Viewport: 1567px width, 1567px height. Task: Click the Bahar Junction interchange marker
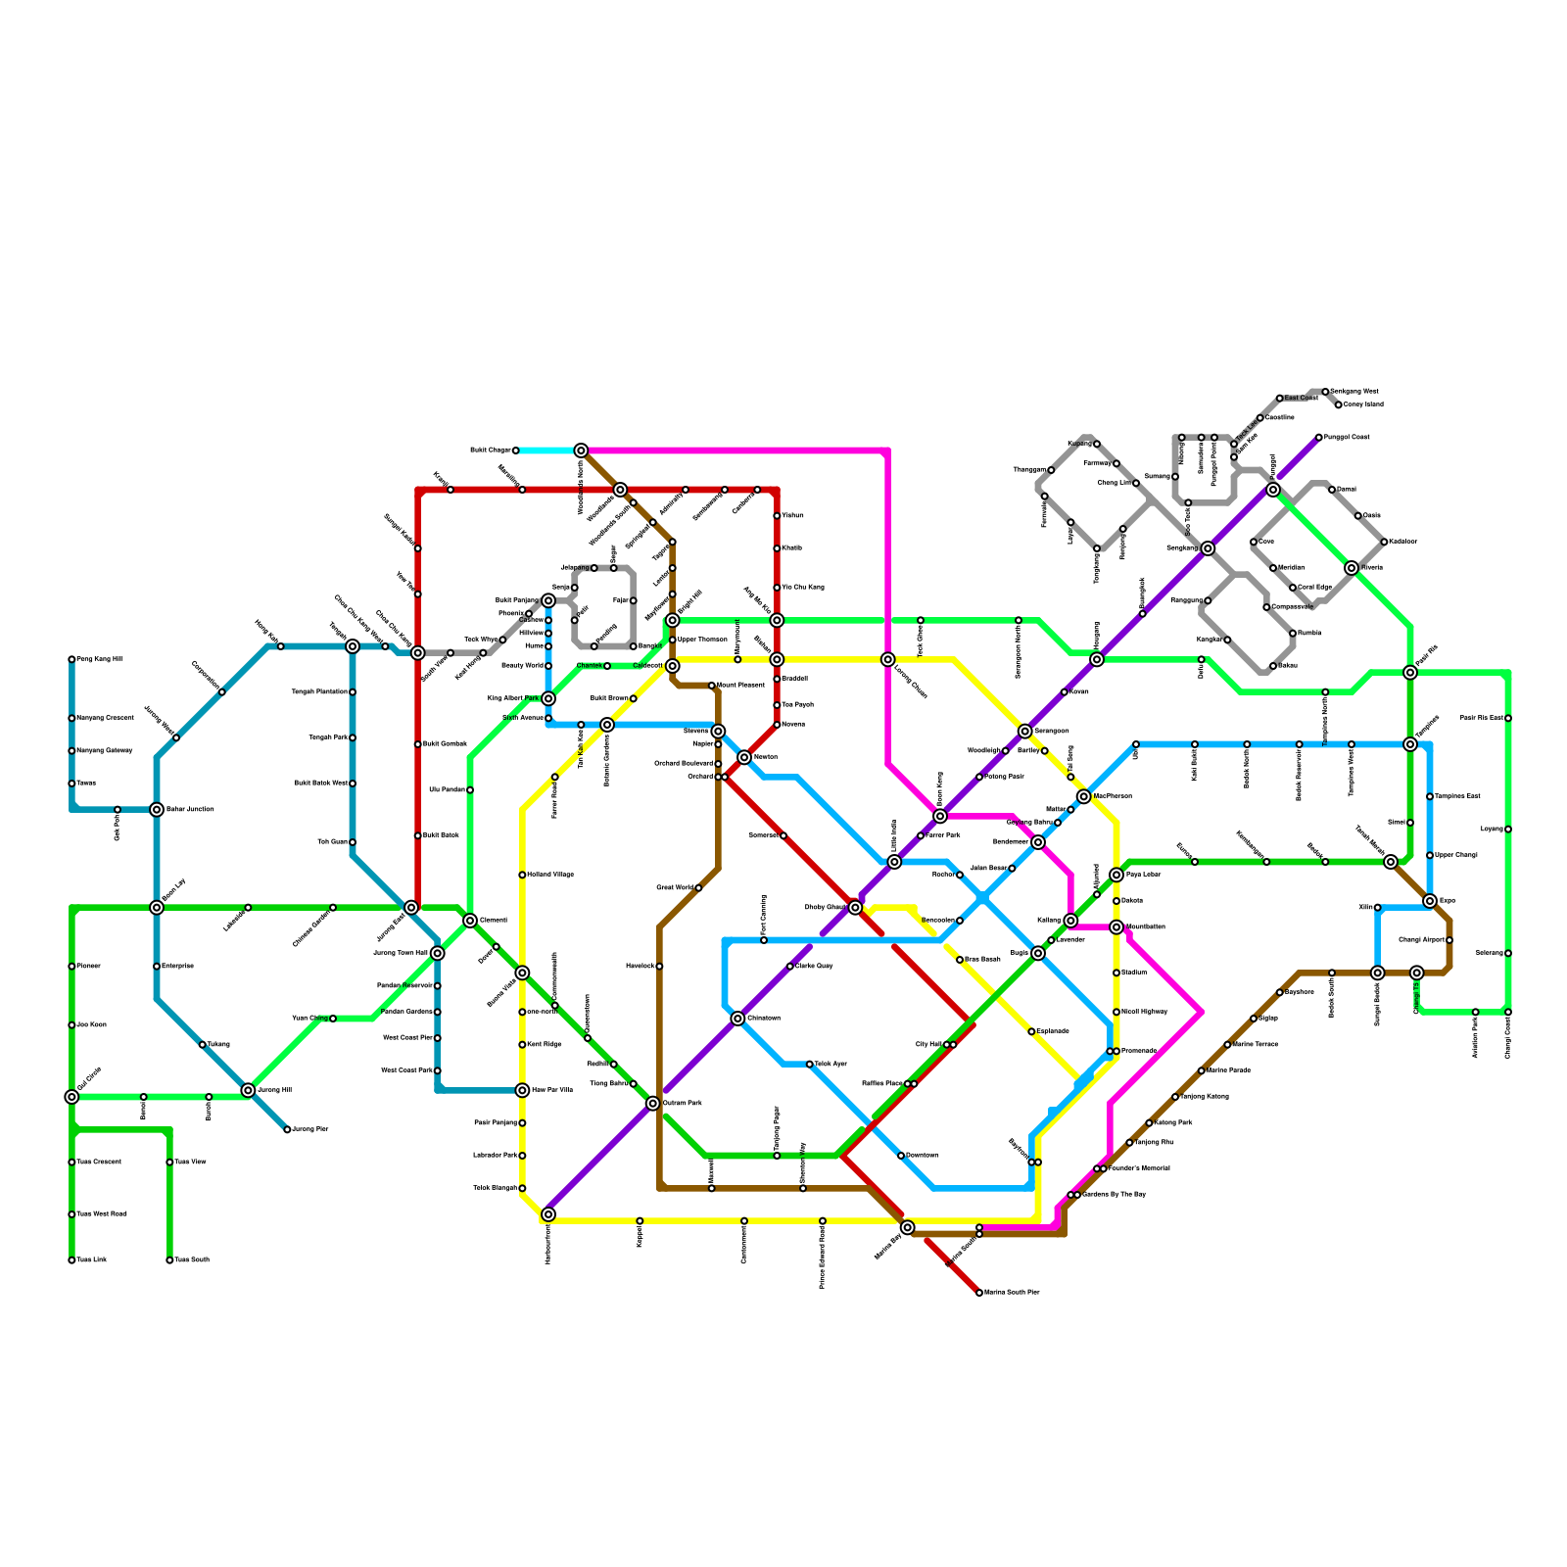click(x=157, y=809)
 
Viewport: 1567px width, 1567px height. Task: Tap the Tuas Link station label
click(x=92, y=1259)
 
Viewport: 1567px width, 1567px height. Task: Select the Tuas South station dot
click(x=169, y=1259)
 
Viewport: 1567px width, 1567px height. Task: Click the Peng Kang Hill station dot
click(x=71, y=659)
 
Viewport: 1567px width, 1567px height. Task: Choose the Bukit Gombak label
click(x=445, y=744)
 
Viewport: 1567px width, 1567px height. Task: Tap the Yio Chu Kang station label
click(x=803, y=588)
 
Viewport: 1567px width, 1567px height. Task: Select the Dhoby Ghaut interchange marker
click(x=855, y=908)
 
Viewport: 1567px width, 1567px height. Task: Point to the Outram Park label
click(x=683, y=1104)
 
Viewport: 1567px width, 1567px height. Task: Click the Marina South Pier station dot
click(x=979, y=1293)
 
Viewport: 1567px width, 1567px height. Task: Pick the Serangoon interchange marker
click(x=1024, y=731)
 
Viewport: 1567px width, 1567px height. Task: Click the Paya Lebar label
click(x=1144, y=875)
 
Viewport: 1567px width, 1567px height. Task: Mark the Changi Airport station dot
click(x=1449, y=940)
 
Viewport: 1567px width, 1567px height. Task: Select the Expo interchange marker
click(x=1430, y=901)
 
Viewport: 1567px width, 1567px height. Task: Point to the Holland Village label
click(x=550, y=875)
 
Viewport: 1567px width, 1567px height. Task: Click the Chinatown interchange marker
click(x=737, y=1019)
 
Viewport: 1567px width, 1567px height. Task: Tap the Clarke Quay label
click(x=814, y=966)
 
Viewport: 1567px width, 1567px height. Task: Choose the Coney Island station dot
click(x=1339, y=404)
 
